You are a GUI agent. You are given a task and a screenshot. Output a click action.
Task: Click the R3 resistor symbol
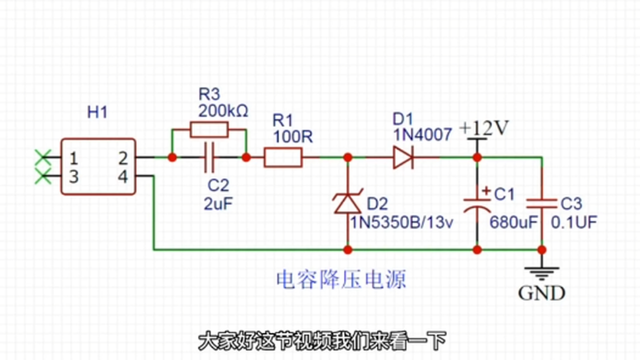(209, 129)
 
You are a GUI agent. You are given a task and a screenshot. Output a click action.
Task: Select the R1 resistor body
(283, 157)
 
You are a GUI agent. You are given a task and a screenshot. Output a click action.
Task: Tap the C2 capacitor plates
(209, 157)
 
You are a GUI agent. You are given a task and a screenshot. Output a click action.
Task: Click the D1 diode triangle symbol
(402, 157)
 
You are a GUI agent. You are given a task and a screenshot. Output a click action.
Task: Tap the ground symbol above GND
(541, 272)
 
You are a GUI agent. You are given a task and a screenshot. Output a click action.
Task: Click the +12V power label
(483, 129)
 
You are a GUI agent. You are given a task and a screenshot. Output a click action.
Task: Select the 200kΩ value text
(223, 110)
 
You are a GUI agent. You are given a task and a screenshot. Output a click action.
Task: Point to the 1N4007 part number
(422, 134)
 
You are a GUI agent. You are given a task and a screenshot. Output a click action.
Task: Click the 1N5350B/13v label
(401, 222)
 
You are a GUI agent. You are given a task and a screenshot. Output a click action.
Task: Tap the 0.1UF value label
(574, 222)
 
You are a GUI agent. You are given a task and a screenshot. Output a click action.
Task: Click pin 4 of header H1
(123, 176)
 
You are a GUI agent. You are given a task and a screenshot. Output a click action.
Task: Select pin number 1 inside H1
(73, 159)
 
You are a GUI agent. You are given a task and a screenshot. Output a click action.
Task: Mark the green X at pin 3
(42, 176)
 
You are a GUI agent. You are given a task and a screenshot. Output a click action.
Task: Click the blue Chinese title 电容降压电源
(341, 280)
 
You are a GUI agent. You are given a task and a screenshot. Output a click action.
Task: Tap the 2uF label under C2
(218, 203)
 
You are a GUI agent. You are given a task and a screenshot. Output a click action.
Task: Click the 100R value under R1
(293, 136)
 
